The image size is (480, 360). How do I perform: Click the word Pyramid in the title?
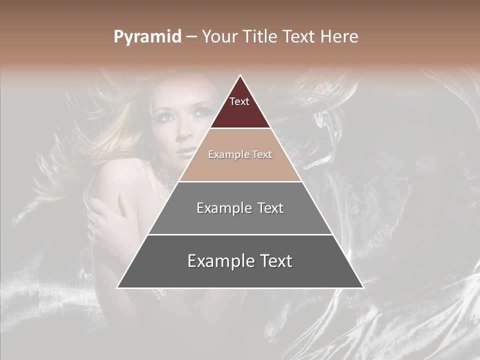click(x=147, y=37)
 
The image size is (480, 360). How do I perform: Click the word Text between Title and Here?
click(x=299, y=37)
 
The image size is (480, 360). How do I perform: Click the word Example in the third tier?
click(x=222, y=208)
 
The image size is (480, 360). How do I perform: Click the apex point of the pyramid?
click(x=240, y=76)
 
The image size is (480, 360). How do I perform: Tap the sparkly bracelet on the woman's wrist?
click(x=159, y=293)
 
